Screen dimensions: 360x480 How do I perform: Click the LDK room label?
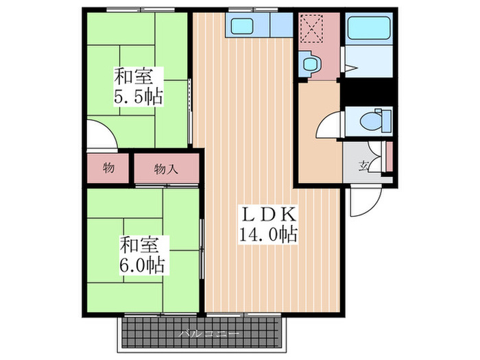click(267, 213)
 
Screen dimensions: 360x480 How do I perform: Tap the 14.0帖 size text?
click(267, 235)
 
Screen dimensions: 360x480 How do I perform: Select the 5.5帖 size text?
click(138, 97)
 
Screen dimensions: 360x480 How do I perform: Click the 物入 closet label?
click(167, 168)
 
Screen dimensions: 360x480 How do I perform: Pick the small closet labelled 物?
click(108, 167)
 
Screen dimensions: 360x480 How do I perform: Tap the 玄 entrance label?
click(363, 164)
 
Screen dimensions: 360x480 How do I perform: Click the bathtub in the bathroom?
click(368, 29)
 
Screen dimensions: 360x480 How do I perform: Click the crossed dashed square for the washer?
click(312, 29)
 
